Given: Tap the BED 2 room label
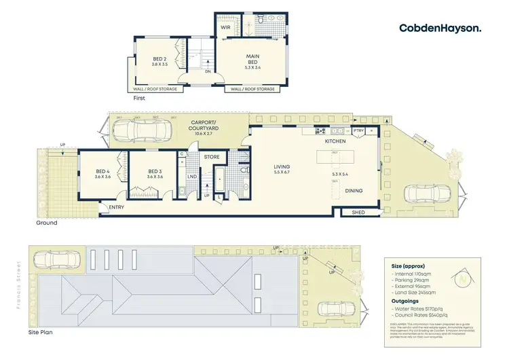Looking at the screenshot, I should coord(159,60).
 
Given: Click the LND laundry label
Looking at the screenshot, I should coord(193,177).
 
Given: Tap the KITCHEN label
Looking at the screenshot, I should coord(335,141).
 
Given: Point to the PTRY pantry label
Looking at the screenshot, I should coord(359,130).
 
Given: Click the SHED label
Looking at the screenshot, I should coord(358,213).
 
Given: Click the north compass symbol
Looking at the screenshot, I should coord(465,277).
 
